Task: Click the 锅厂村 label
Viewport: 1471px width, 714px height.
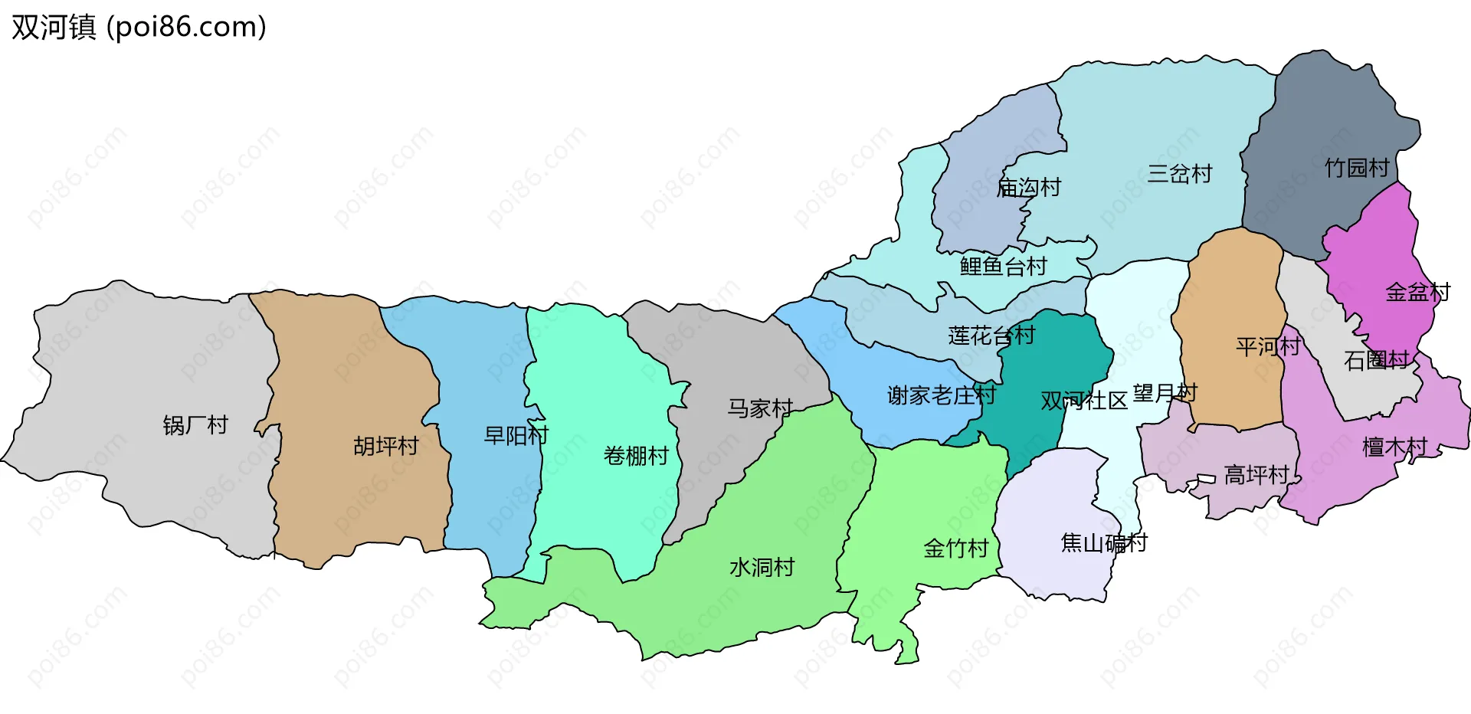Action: (x=195, y=425)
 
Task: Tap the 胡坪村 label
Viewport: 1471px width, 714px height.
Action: (x=385, y=446)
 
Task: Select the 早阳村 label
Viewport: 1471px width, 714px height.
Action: (x=516, y=436)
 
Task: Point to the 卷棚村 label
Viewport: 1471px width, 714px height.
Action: (x=636, y=456)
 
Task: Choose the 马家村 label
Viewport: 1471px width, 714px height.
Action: (x=760, y=408)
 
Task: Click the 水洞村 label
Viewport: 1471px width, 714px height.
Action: (x=762, y=568)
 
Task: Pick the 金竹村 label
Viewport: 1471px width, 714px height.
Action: (x=956, y=549)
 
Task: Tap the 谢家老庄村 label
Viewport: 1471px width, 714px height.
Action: (x=941, y=395)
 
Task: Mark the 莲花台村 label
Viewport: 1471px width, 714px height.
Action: (x=991, y=336)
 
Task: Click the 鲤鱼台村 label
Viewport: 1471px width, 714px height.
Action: (x=1003, y=267)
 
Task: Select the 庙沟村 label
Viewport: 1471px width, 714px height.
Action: (x=1028, y=188)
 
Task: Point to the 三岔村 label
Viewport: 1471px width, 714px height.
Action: (x=1180, y=174)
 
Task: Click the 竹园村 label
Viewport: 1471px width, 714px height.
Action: (x=1357, y=168)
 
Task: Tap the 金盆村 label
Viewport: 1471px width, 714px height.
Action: (x=1418, y=292)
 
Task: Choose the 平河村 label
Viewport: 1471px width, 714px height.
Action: (x=1268, y=347)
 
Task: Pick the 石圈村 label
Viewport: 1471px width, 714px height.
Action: (x=1377, y=360)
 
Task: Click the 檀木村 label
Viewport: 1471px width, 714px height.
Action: (x=1394, y=447)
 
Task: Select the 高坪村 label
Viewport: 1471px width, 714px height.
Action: (x=1256, y=476)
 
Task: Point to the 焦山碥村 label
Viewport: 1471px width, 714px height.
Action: (x=1103, y=543)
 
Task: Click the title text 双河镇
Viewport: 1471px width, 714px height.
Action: (x=54, y=28)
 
